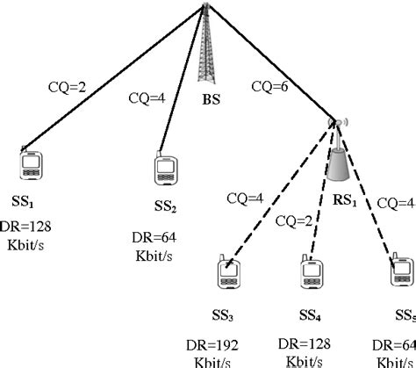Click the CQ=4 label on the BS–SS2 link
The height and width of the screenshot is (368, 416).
click(147, 97)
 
